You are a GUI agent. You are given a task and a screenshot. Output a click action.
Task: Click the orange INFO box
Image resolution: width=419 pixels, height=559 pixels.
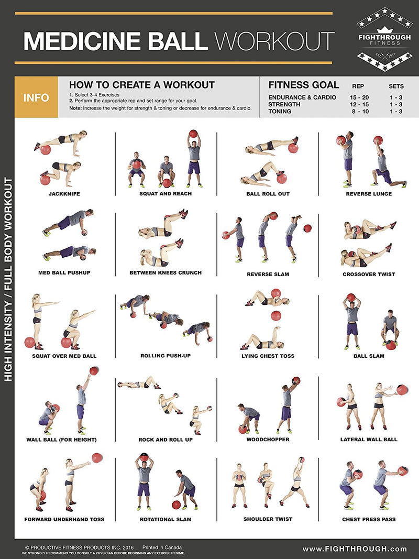tap(36, 97)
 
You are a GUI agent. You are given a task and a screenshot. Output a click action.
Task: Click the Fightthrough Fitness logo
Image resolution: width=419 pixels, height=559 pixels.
tap(384, 39)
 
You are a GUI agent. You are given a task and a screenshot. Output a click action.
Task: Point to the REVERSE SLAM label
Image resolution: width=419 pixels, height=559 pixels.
tap(267, 274)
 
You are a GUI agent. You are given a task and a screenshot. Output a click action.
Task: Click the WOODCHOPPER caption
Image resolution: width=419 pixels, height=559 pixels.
tap(268, 440)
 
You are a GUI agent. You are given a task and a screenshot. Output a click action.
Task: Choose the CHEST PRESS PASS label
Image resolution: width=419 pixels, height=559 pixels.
tap(369, 519)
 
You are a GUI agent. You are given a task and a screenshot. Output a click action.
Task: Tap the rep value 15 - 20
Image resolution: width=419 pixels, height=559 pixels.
tap(359, 97)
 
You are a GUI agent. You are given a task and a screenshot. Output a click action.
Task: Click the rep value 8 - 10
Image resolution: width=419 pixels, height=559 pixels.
tap(359, 111)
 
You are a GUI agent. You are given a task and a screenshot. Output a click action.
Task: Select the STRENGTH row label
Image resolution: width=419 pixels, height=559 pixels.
tap(284, 104)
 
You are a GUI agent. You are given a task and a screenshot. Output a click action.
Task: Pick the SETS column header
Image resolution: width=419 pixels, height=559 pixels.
tap(396, 86)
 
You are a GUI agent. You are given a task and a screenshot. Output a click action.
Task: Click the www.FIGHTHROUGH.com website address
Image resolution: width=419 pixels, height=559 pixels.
tap(355, 549)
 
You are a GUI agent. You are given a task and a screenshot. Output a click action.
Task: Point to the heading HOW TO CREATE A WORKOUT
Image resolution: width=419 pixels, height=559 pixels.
tap(142, 85)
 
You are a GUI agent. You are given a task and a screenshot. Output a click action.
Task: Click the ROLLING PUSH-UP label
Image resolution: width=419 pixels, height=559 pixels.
tap(166, 356)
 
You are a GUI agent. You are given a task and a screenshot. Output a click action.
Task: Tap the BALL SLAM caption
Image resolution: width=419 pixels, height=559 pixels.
tap(369, 356)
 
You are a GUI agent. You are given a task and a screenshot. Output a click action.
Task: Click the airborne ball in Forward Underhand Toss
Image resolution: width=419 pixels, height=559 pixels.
tap(97, 457)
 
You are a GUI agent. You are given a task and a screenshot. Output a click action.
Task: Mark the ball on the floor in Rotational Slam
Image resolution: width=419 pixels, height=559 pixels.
tap(176, 505)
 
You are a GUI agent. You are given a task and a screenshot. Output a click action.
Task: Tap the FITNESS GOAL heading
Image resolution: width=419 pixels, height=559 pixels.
tap(303, 85)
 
